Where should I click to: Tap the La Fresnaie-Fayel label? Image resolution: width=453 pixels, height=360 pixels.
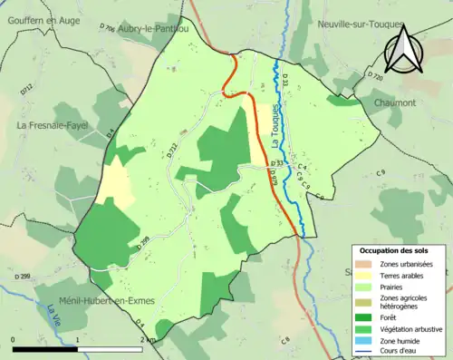tap(52, 124)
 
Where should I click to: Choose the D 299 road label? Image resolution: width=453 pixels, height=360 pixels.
tap(24, 276)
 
